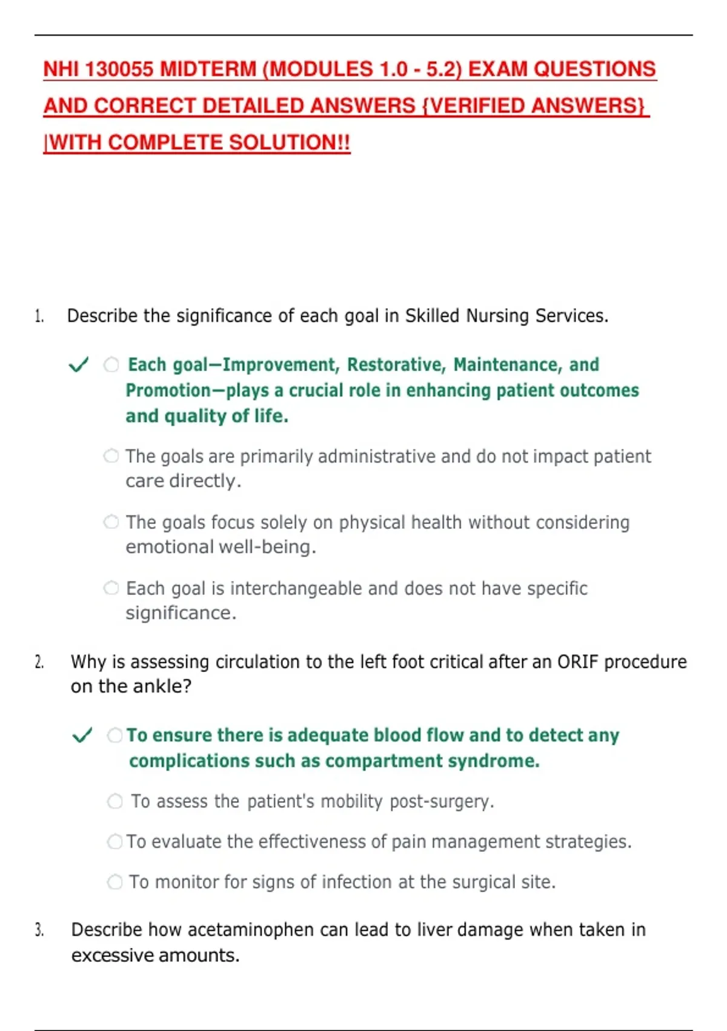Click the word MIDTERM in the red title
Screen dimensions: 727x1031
[x=208, y=69]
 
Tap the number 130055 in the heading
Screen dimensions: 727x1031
[x=119, y=69]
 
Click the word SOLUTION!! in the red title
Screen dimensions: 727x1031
[x=289, y=143]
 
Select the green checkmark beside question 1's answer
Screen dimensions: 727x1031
[x=78, y=364]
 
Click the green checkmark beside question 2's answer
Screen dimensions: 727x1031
[x=82, y=735]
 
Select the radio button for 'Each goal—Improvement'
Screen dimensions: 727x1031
[x=111, y=364]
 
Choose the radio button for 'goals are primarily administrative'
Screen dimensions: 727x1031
[x=111, y=456]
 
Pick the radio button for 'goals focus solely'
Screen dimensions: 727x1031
[x=111, y=522]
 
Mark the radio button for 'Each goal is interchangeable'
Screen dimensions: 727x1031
[x=111, y=588]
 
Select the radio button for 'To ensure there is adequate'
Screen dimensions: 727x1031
[x=115, y=735]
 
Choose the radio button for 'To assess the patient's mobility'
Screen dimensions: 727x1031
[x=115, y=801]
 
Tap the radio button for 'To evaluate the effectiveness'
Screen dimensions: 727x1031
[x=115, y=842]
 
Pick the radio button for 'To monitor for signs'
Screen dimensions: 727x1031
[x=115, y=882]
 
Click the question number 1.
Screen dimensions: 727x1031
[x=39, y=316]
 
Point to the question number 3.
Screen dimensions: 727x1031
[x=39, y=930]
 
